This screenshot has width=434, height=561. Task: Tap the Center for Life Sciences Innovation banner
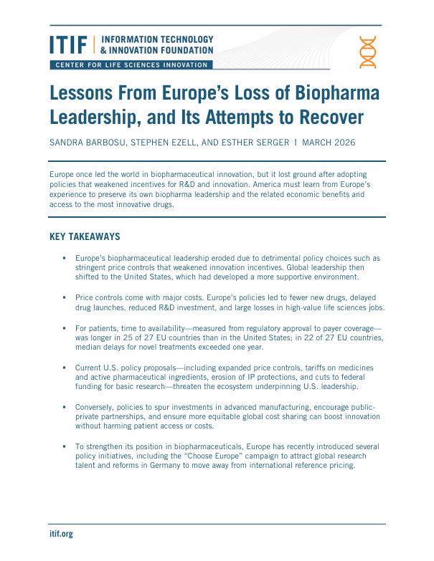click(131, 65)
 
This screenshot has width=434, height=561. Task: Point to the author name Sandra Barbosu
click(89, 142)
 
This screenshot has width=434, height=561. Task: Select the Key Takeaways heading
click(85, 236)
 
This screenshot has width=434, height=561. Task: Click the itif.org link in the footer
click(61, 534)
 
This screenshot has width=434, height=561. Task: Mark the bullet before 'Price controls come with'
click(64, 297)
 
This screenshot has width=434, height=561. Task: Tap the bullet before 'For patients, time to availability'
click(64, 327)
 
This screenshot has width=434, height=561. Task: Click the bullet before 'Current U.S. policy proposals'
click(64, 368)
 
